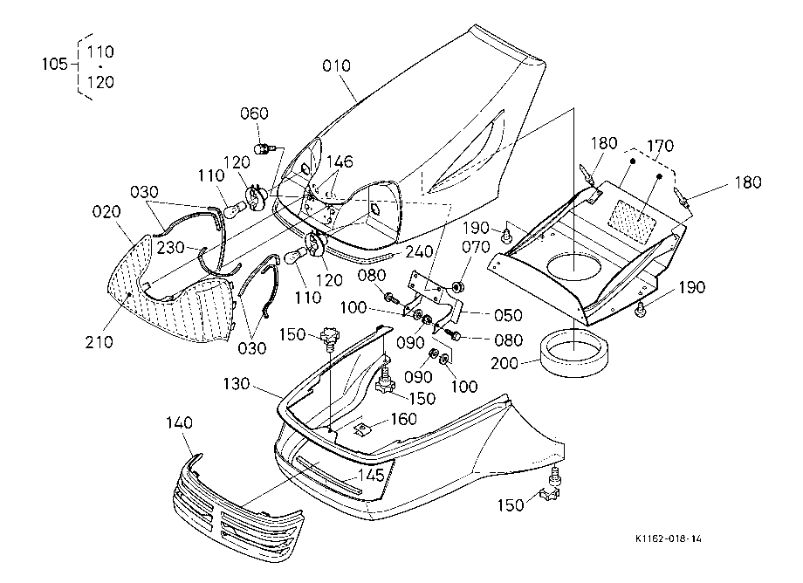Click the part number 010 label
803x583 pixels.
[x=336, y=65]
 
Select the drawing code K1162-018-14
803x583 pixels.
[x=668, y=538]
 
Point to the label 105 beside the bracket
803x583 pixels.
[x=54, y=64]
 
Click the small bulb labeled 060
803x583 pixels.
[x=264, y=149]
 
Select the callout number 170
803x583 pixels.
[x=660, y=146]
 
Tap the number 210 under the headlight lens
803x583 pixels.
[x=99, y=341]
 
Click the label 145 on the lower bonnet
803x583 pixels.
[x=370, y=475]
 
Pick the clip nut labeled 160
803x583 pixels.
[x=361, y=429]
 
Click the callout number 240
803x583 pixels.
[x=418, y=251]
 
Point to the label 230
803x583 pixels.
[x=170, y=247]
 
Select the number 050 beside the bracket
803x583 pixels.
[x=507, y=315]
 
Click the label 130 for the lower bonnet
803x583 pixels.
[x=236, y=384]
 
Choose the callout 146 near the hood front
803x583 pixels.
[x=340, y=161]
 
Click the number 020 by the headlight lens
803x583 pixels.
[x=106, y=211]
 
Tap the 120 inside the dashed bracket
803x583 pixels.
[x=100, y=82]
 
